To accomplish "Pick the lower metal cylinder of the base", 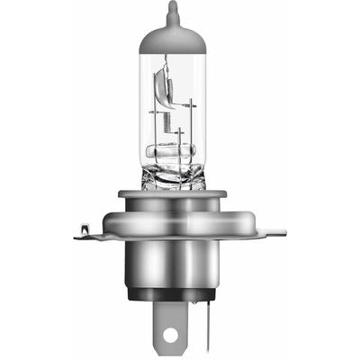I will coord(180,265).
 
